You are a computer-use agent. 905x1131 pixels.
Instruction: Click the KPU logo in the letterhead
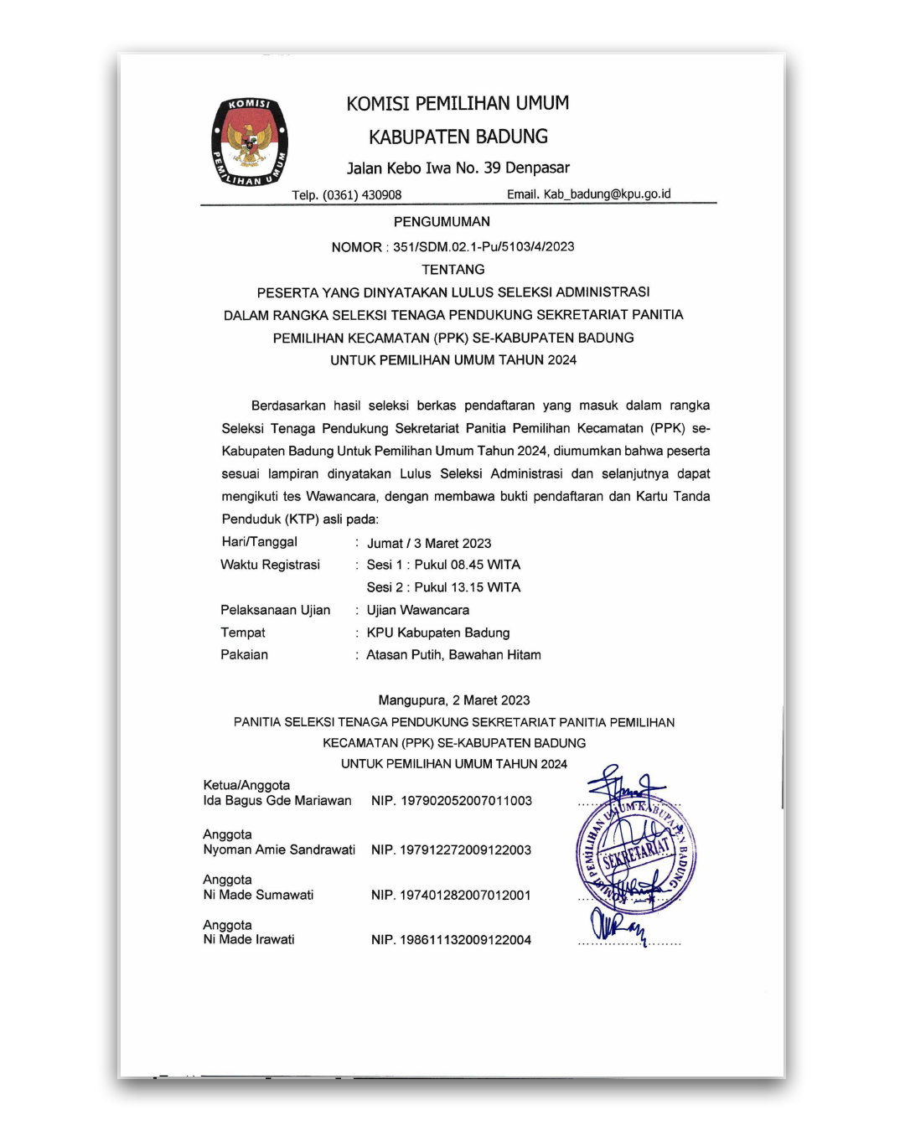[x=250, y=142]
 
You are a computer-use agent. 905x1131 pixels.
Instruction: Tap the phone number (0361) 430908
[x=362, y=195]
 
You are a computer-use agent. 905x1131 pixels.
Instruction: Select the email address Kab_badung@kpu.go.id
[x=607, y=194]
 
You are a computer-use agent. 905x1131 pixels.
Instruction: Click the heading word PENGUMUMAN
[x=442, y=222]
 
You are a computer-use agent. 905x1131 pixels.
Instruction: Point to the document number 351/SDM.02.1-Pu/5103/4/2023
[x=484, y=247]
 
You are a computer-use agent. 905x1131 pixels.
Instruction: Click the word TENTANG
[x=452, y=270]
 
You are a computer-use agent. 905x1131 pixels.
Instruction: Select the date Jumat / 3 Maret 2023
[x=429, y=544]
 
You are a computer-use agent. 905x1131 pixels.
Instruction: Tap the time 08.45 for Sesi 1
[x=468, y=565]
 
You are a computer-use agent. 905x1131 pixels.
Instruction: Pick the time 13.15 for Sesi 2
[x=468, y=588]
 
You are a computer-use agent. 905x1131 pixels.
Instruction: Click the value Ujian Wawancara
[x=417, y=611]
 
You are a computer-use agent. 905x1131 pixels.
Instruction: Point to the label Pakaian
[x=244, y=655]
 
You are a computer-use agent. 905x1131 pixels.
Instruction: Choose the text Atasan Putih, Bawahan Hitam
[x=453, y=655]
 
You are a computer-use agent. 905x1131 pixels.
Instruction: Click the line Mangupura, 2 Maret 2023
[x=453, y=700]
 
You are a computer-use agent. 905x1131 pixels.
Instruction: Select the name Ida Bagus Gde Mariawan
[x=277, y=801]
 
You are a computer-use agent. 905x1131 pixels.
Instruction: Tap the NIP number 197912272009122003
[x=465, y=850]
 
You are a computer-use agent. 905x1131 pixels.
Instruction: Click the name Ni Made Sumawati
[x=258, y=896]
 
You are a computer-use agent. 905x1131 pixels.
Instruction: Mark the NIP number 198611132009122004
[x=465, y=941]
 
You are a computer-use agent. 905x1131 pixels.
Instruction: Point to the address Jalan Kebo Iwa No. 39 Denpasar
[x=458, y=168]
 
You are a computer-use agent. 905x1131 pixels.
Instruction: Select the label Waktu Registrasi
[x=270, y=565]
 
